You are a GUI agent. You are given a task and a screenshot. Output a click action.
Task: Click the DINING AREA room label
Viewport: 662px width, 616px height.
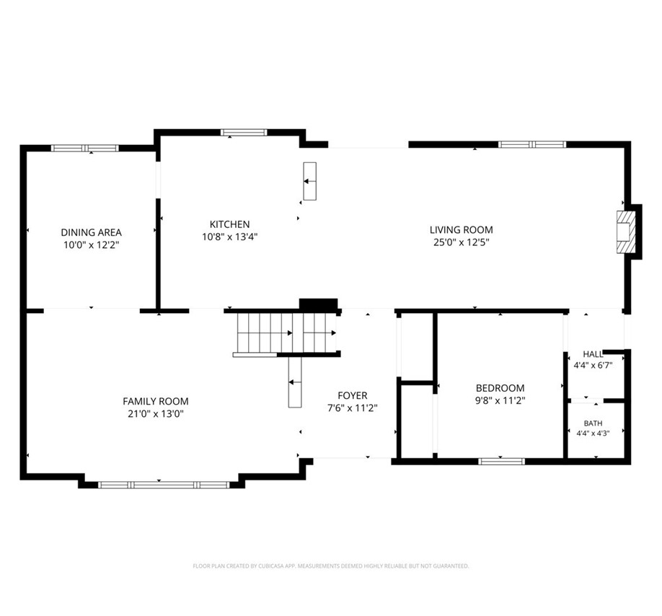(91, 232)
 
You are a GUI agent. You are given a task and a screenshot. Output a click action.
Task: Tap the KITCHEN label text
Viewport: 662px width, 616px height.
(229, 224)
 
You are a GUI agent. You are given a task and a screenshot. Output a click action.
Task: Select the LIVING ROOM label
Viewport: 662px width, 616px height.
(461, 229)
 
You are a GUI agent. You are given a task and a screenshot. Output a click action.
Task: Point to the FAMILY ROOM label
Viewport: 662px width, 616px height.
(155, 401)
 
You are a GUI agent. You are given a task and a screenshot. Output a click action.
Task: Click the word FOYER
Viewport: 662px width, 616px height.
(353, 395)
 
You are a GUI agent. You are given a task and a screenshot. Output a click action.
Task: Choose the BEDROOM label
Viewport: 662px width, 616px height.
(500, 388)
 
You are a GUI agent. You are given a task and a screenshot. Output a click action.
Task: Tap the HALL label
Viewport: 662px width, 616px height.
(593, 354)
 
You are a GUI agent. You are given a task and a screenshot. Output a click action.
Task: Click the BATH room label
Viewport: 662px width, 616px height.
(593, 423)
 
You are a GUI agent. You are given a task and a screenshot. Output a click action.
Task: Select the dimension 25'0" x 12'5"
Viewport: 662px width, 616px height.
(461, 242)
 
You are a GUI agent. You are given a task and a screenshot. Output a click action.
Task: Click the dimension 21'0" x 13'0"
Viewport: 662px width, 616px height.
(155, 414)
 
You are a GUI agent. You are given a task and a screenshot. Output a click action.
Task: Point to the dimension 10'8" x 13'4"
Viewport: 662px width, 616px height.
(229, 237)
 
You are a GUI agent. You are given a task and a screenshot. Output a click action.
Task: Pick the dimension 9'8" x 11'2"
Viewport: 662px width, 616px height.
(500, 400)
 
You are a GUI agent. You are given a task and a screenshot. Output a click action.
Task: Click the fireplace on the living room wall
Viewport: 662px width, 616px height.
(626, 232)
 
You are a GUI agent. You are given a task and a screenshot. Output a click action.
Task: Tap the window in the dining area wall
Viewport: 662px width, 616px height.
(85, 148)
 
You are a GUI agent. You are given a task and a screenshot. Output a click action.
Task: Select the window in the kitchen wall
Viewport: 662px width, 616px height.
(244, 133)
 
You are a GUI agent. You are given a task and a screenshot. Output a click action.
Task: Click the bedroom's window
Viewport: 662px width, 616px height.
(502, 462)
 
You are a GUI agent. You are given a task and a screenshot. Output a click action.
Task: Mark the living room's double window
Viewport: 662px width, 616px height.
(532, 144)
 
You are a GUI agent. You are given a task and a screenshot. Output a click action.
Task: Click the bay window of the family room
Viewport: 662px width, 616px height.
(164, 485)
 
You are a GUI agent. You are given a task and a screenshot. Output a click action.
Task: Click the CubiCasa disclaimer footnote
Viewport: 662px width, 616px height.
(330, 566)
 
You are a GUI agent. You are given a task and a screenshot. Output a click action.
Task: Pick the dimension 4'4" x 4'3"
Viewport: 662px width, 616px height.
(593, 433)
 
